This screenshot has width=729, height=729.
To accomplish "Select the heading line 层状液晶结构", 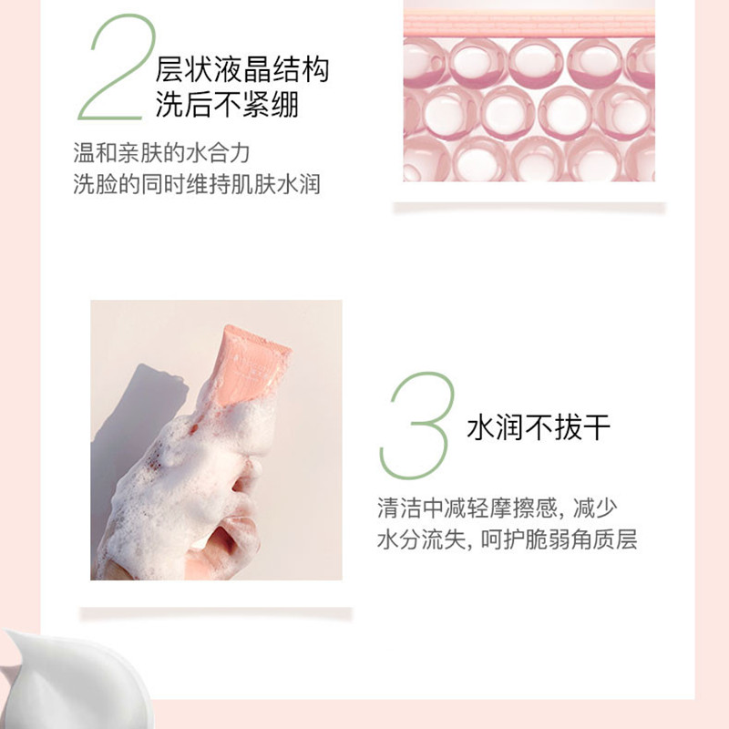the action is (242, 70).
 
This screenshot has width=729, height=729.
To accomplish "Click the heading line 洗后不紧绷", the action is (227, 104).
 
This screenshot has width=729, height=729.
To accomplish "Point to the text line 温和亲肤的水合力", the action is (162, 153).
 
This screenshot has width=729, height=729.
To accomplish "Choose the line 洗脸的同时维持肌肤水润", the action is (197, 184).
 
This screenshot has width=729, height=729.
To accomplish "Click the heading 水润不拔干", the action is (539, 426).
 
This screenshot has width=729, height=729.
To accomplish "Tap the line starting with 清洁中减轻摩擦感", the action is (498, 508).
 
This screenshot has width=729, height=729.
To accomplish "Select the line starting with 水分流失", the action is (507, 539).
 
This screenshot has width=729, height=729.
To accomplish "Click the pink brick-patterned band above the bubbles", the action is (529, 26).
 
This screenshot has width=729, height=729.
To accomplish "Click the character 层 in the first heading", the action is (170, 70).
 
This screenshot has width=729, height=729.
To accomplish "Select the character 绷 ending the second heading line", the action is (284, 104).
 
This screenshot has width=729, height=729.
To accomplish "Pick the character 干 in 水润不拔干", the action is (597, 426).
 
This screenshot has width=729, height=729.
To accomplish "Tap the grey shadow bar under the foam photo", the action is (216, 613).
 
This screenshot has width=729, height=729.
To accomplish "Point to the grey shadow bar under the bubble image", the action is (529, 208).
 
